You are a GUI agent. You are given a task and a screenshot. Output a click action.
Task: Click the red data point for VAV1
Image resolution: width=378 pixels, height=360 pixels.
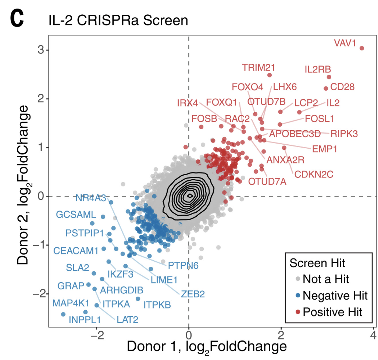[x=361, y=48]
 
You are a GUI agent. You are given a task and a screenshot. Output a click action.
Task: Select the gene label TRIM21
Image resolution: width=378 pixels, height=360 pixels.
[x=258, y=67]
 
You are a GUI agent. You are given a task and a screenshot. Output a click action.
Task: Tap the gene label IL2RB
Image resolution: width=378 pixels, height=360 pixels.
[x=318, y=69]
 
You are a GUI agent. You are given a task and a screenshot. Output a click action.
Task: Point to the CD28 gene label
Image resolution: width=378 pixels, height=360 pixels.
[x=342, y=87]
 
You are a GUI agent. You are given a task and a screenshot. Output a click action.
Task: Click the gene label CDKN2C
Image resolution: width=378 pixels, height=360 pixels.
[x=314, y=173]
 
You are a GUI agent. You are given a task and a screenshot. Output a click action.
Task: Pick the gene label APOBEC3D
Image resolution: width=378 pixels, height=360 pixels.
[x=295, y=134]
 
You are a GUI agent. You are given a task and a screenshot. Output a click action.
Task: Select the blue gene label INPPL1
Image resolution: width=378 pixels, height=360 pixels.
[x=85, y=319]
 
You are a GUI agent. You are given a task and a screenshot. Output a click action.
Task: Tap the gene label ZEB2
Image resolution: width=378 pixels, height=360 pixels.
[x=192, y=294]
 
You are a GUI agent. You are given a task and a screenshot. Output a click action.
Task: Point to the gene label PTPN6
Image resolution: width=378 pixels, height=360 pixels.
[x=183, y=265]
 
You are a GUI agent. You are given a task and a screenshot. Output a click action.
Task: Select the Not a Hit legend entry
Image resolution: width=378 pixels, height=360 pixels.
[x=326, y=279]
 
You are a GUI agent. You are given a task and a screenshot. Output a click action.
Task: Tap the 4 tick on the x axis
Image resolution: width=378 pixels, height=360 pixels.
[x=373, y=335]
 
